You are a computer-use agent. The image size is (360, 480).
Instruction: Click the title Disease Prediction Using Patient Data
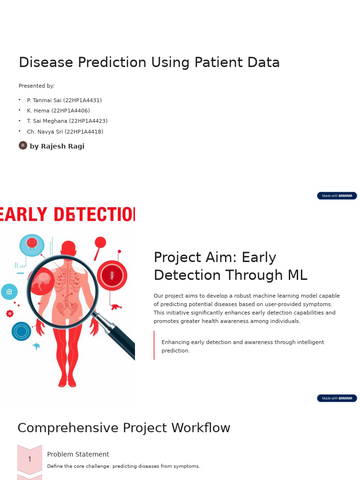click(x=149, y=62)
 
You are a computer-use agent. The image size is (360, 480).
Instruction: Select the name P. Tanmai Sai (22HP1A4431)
click(x=64, y=100)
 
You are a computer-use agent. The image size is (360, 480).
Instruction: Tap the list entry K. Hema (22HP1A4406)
click(x=58, y=111)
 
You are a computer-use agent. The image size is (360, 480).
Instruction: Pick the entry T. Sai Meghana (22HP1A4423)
click(x=67, y=121)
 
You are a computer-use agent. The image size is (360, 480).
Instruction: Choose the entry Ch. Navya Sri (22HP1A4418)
click(x=65, y=132)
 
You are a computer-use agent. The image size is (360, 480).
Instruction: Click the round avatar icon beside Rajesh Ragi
click(x=23, y=145)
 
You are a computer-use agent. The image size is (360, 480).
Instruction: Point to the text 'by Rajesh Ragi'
click(x=57, y=146)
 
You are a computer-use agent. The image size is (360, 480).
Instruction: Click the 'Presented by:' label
click(x=37, y=86)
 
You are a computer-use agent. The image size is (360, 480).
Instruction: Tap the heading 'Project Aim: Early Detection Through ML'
click(x=230, y=266)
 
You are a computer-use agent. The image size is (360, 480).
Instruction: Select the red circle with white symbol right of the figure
click(x=112, y=276)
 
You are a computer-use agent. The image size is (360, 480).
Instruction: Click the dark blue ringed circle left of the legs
click(x=21, y=331)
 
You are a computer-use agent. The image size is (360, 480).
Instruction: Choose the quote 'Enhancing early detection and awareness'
click(x=242, y=346)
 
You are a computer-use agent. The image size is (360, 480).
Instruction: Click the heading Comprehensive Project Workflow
click(x=124, y=428)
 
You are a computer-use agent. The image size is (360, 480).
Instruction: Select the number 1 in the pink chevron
click(x=30, y=459)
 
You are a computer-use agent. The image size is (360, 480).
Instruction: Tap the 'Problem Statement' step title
click(x=78, y=454)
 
